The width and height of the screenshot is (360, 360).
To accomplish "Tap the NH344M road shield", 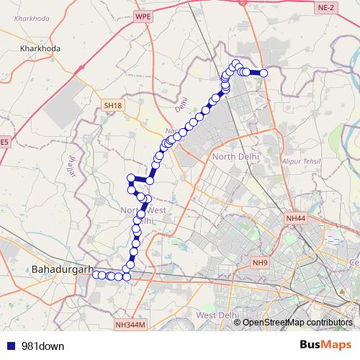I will pos(130,325).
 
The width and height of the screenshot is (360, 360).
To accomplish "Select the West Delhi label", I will pos(217,315).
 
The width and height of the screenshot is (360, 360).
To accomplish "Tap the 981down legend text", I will pos(42,346).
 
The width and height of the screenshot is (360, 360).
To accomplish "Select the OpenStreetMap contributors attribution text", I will pos(297,323).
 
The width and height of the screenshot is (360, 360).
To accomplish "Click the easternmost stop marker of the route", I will pos(264,73).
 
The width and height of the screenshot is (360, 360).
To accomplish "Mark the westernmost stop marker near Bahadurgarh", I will pos(96,274).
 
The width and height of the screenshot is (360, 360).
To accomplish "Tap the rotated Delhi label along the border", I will pos(180,108).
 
